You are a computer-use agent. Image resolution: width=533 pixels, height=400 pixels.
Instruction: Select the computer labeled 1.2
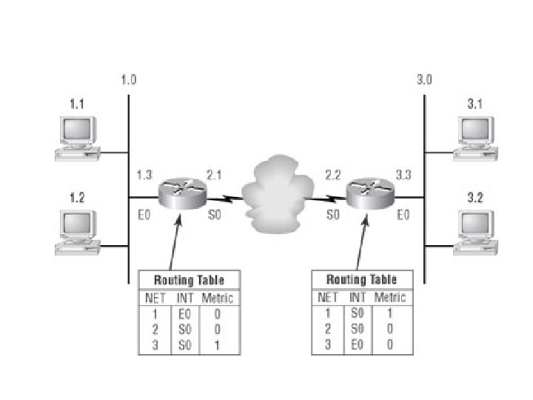pyautogui.click(x=77, y=232)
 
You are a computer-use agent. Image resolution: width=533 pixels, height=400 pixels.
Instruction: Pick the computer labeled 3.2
pyautogui.click(x=475, y=232)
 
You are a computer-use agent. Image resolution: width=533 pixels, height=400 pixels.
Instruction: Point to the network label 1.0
pyautogui.click(x=128, y=79)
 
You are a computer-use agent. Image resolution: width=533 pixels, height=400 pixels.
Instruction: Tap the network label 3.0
pyautogui.click(x=424, y=79)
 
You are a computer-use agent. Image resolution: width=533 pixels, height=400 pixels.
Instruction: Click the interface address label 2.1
pyautogui.click(x=214, y=176)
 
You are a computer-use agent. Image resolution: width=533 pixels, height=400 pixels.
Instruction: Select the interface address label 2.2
pyautogui.click(x=333, y=176)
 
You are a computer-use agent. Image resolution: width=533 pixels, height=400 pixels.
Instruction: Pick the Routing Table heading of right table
pyautogui.click(x=361, y=279)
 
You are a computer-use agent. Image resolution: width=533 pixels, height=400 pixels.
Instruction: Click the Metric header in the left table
pyautogui.click(x=217, y=299)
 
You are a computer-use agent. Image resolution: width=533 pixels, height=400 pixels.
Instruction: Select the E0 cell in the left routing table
pyautogui.click(x=185, y=313)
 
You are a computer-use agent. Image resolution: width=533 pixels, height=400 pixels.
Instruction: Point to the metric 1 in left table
pyautogui.click(x=217, y=345)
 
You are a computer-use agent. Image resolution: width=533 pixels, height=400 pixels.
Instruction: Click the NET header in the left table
pyautogui.click(x=156, y=299)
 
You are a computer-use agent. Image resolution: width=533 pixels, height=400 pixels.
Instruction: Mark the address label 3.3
pyautogui.click(x=403, y=176)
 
